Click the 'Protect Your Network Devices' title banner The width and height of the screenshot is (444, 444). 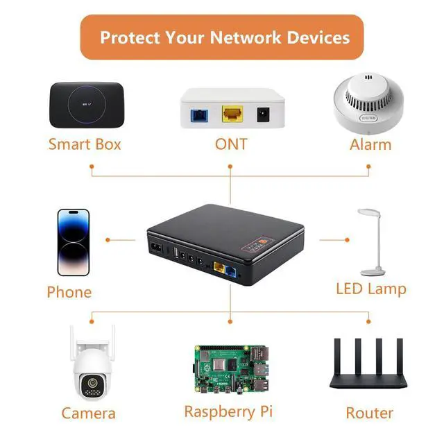tap(221, 37)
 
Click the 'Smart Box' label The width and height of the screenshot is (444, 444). tap(85, 144)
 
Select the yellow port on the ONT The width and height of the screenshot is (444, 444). tap(231, 113)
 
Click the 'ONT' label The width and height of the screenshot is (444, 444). tap(230, 144)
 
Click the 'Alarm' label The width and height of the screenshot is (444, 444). tap(370, 144)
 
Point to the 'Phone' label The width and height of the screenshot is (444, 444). tap(69, 292)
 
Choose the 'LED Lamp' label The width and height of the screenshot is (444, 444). tap(371, 289)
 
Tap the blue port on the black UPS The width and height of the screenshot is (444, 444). tap(232, 268)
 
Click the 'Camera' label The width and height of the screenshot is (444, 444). tap(88, 413)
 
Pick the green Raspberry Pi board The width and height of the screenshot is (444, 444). tap(230, 368)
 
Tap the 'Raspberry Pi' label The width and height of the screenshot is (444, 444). tap(228, 411)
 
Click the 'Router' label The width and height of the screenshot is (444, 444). tap(370, 413)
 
